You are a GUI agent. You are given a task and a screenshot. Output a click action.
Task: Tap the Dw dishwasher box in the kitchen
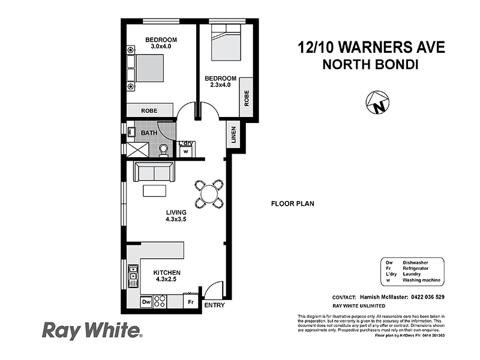[x=146, y=302]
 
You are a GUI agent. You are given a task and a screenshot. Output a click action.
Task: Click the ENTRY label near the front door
[x=215, y=306]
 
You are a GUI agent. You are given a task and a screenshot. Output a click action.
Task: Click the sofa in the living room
[x=154, y=173]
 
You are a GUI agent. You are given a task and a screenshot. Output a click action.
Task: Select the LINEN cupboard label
[x=233, y=136]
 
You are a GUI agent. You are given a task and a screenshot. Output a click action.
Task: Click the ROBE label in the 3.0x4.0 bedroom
[x=149, y=111]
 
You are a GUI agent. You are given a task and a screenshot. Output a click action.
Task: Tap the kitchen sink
[x=132, y=277]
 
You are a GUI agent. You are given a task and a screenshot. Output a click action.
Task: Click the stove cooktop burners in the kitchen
[x=160, y=302]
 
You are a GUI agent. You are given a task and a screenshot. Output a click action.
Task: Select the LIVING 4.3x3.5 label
[x=176, y=216]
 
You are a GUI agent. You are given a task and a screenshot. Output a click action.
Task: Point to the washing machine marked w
[x=185, y=151]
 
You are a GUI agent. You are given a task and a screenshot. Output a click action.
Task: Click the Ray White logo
[x=91, y=330]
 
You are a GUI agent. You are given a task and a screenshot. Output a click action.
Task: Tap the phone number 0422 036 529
[x=422, y=297]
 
